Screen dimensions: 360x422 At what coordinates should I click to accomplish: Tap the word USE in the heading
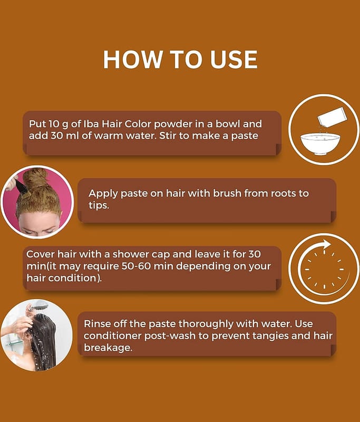[x=233, y=60]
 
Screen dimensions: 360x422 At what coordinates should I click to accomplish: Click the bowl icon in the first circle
[x=320, y=143]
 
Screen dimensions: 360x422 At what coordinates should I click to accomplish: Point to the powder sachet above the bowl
[x=332, y=117]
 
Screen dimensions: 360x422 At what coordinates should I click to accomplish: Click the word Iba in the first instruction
[x=91, y=124]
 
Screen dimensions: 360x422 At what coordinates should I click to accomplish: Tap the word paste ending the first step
[x=245, y=136]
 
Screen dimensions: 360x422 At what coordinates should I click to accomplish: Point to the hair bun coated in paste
[x=35, y=179]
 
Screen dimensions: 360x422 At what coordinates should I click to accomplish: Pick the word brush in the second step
[x=227, y=193]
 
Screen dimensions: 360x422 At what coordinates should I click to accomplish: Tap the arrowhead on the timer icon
[x=326, y=244]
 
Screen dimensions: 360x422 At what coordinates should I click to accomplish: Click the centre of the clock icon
[x=324, y=269]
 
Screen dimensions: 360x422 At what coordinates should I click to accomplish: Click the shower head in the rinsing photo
[x=38, y=307]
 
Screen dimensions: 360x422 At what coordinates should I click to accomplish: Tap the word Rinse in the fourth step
[x=97, y=323]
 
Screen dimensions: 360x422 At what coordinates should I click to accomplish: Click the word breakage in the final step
[x=108, y=348]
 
